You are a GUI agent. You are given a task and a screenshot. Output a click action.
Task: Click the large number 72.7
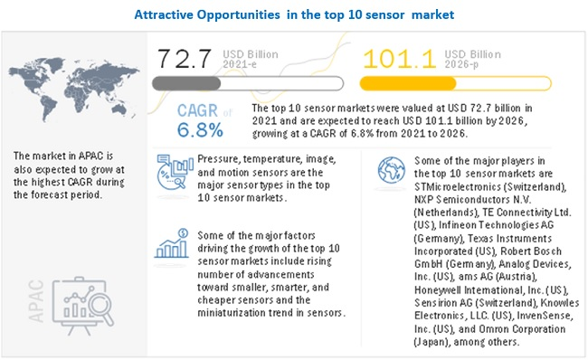[185, 59]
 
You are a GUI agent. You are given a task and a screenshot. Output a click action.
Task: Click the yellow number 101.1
[399, 59]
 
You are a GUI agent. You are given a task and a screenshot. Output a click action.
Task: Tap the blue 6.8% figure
[200, 130]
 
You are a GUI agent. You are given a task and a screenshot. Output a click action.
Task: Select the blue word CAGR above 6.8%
[197, 110]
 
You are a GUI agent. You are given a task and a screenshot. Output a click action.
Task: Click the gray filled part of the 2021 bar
[186, 83]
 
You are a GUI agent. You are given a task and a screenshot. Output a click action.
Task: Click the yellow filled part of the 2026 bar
[408, 83]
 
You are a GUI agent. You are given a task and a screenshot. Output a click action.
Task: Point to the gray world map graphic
[74, 89]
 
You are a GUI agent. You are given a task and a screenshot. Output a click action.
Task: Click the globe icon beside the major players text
[391, 170]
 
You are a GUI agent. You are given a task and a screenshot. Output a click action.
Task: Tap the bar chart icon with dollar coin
[171, 243]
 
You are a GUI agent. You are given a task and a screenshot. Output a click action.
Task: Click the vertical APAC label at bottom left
[36, 301]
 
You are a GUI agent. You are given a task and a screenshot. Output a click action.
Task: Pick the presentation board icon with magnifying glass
[83, 306]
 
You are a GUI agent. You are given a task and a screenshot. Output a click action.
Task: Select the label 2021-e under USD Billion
[240, 64]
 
